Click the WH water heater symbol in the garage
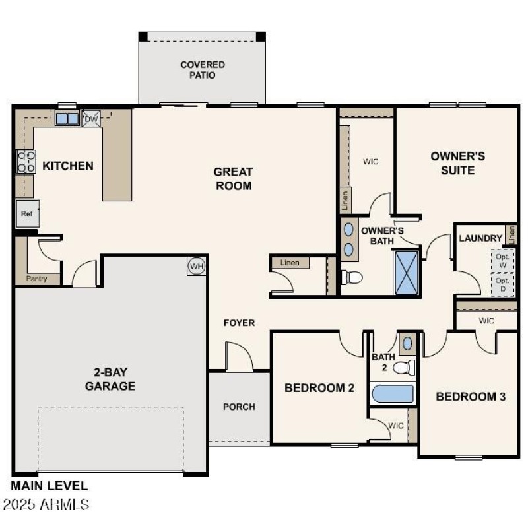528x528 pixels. pos(196,266)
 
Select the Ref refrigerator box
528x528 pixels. pos(26,213)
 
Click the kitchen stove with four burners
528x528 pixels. pos(26,162)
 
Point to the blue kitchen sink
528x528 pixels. pos(67,119)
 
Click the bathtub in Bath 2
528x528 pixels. pos(393,394)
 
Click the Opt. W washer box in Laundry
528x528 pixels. pos(503,259)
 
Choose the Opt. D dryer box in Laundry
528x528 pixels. pos(503,284)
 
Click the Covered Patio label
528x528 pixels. pos(203,69)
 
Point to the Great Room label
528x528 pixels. pos(233,179)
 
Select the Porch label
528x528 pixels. pos(239,407)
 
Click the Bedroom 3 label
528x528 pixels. pos(471,397)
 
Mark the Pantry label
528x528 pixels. pos(37,279)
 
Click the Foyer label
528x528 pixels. pos(239,323)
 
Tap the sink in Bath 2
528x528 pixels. pos(408,343)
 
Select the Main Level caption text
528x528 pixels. pos(49,486)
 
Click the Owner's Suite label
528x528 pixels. pos(457,163)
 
